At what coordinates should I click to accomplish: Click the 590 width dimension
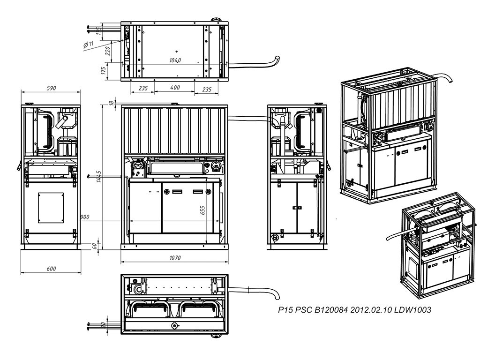tap(51, 88)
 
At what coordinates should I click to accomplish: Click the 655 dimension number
tap(203, 210)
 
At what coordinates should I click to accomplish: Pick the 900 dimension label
tap(85, 217)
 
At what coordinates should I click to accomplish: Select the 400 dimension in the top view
tap(174, 88)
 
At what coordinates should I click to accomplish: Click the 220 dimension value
tap(107, 50)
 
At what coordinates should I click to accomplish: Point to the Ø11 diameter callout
tap(89, 44)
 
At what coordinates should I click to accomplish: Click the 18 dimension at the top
tap(111, 103)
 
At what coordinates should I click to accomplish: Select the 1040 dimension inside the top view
tap(175, 60)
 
